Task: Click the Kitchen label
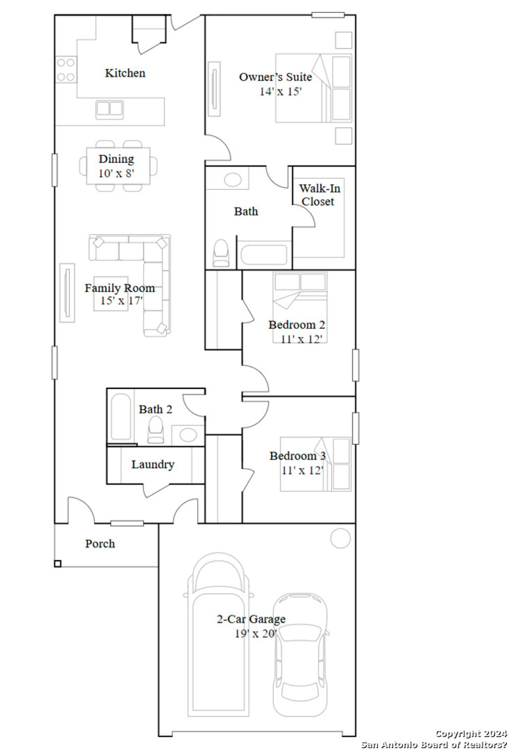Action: point(125,73)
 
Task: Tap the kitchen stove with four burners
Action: point(65,69)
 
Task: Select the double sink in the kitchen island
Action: point(109,108)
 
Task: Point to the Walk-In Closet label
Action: point(318,195)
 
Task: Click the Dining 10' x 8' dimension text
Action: point(116,173)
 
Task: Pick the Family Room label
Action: point(120,288)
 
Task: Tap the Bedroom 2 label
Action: point(297,325)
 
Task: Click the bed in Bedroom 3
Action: point(315,464)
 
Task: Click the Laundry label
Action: point(153,465)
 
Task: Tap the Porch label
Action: point(100,544)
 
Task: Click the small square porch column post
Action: point(58,563)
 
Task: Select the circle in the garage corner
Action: point(340,538)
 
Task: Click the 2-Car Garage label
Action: point(251,619)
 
